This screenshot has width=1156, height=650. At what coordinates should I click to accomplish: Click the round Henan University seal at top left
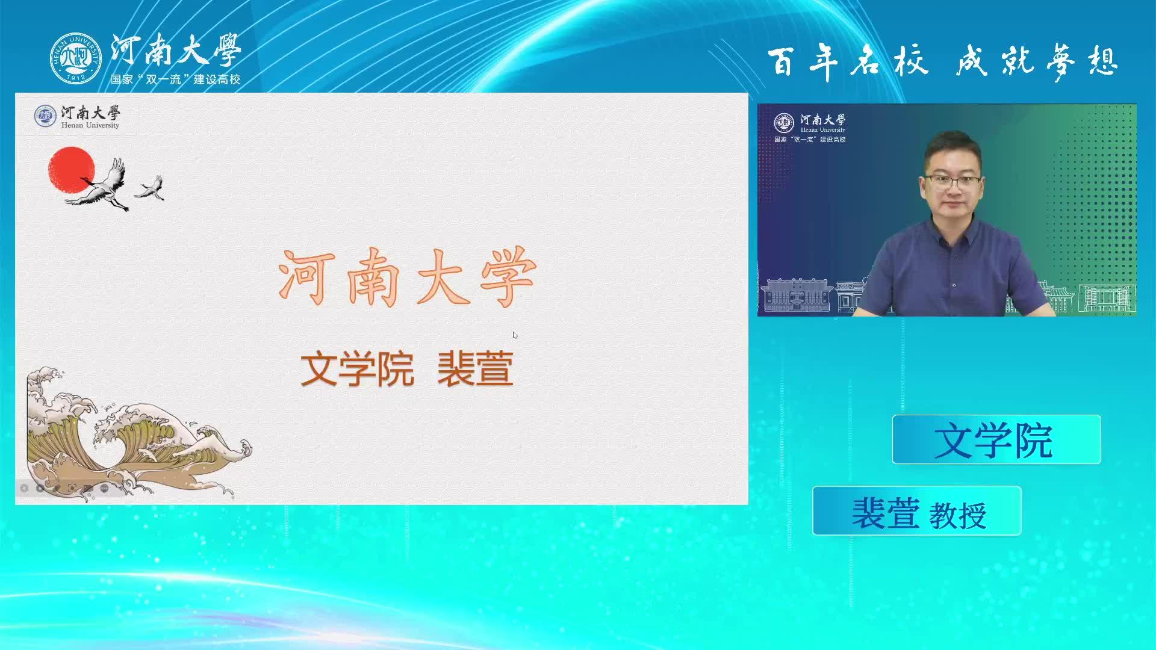click(x=76, y=58)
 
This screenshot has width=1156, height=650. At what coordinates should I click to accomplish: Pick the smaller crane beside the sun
click(x=151, y=187)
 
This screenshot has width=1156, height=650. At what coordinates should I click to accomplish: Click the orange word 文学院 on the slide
click(x=358, y=369)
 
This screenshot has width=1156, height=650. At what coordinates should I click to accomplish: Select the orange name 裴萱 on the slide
click(x=475, y=369)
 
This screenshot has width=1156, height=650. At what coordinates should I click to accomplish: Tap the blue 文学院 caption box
click(x=996, y=439)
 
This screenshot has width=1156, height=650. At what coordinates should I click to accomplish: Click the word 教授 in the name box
click(x=958, y=516)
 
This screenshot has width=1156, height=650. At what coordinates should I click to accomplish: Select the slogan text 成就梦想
click(x=1037, y=62)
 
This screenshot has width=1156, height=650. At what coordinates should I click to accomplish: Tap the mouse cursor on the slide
click(x=515, y=335)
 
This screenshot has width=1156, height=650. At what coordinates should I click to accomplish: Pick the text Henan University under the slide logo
click(x=90, y=125)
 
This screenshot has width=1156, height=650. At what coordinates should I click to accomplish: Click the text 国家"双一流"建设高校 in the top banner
click(x=175, y=79)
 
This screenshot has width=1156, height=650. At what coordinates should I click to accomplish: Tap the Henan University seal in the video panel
click(x=784, y=123)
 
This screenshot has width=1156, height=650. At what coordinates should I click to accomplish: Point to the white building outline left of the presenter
click(x=796, y=295)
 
